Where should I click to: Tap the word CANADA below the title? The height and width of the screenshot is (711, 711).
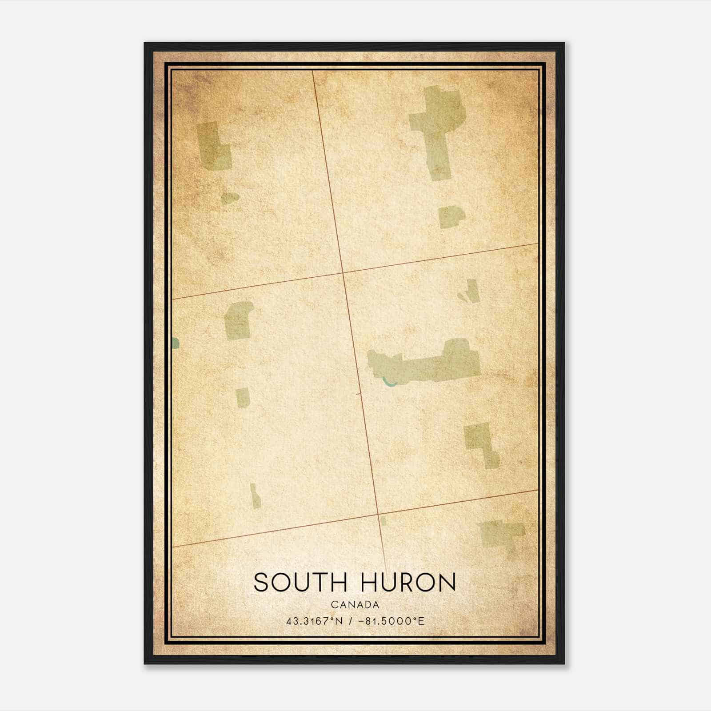tap(355, 605)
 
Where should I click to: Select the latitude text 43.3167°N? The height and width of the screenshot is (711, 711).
tap(315, 621)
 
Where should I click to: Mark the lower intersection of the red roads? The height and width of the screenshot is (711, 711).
tap(379, 514)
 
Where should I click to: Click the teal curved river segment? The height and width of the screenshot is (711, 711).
tap(389, 383)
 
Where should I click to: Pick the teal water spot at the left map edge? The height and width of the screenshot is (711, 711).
tap(175, 343)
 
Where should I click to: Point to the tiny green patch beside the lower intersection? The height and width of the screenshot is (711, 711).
tap(383, 521)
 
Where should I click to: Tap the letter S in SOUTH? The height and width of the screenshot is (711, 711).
tap(261, 582)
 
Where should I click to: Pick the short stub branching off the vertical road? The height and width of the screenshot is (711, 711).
tap(358, 394)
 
